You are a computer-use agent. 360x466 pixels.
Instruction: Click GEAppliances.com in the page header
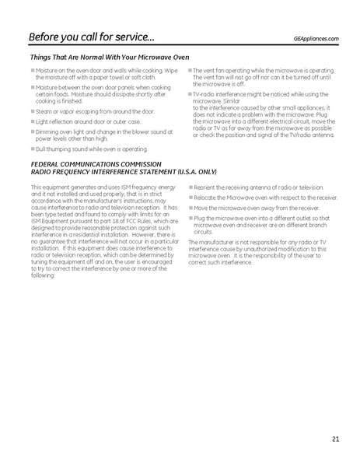(317, 38)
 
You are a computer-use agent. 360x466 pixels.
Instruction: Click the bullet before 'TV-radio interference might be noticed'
(189, 93)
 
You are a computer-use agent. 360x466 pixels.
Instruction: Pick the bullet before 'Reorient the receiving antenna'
(189, 187)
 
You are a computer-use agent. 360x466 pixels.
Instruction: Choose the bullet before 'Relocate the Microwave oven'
(189, 198)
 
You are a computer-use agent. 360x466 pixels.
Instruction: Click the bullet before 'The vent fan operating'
(189, 70)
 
